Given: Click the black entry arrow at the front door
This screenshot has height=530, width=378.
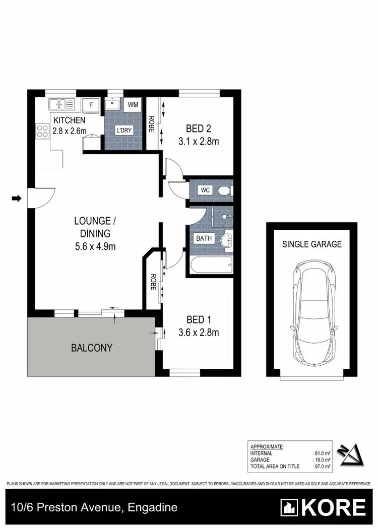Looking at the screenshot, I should tap(16, 198).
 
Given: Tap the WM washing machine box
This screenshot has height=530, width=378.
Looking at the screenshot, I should tap(133, 105).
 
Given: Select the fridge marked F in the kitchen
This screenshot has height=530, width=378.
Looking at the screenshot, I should tap(91, 105).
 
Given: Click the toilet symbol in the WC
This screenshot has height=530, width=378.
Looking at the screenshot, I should tap(224, 190).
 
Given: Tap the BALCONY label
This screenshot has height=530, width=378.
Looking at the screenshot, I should tap(91, 348).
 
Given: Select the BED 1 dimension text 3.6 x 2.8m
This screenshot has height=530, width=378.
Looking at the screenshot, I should tap(199, 332).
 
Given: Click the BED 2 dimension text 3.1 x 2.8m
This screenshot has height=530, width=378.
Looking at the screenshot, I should tap(199, 142).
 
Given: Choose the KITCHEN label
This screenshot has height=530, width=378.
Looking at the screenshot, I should tap(69, 120).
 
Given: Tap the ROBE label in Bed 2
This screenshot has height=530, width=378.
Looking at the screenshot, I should tap(151, 124).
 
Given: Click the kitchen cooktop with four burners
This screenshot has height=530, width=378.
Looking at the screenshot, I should tap(41, 132).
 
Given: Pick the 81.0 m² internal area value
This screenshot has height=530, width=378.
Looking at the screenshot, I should tap(322, 453).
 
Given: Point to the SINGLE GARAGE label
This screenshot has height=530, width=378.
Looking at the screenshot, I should tap(311, 244).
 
